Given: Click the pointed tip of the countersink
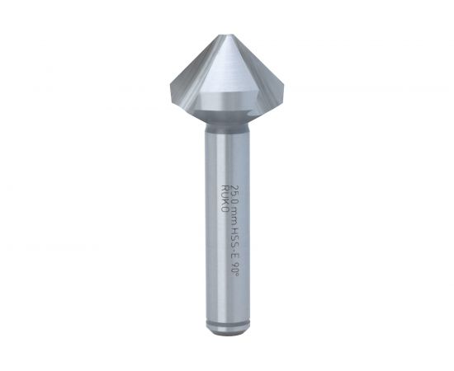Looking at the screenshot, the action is click(227, 35).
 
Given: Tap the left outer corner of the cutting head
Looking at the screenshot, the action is click(170, 84).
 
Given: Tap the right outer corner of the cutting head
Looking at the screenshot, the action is click(283, 84).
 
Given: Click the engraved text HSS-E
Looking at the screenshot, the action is click(236, 243).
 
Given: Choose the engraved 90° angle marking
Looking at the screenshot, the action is click(236, 268).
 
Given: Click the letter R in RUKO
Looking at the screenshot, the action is click(225, 188).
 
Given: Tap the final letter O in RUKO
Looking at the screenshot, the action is click(225, 210).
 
